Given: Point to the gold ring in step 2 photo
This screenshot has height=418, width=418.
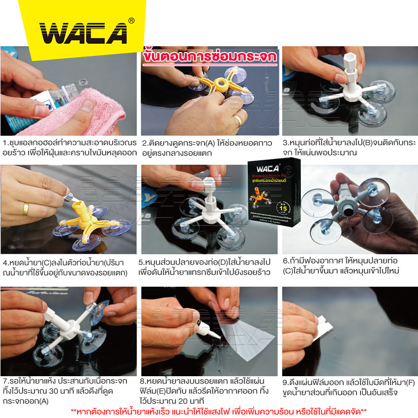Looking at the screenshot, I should tap(238, 119).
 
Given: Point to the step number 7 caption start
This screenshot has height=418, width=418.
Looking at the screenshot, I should tap(4, 381).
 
